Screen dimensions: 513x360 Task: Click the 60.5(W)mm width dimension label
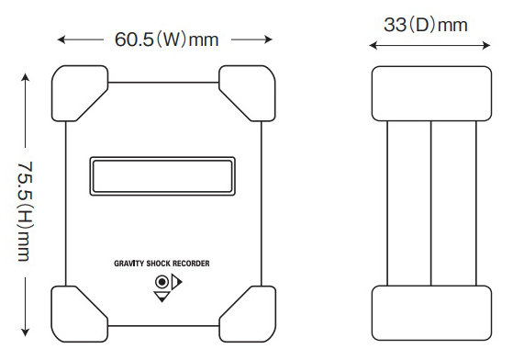166,39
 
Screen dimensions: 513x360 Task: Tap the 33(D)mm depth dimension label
425,25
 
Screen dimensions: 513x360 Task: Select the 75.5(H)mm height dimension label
25,211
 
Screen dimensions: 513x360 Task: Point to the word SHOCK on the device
159,264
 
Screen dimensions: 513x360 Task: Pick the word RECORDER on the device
191,264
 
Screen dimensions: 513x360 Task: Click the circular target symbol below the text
162,282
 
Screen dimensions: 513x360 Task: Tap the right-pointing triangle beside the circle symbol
177,282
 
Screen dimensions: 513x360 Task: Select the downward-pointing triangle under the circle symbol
162,297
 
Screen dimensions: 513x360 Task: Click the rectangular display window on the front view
162,176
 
